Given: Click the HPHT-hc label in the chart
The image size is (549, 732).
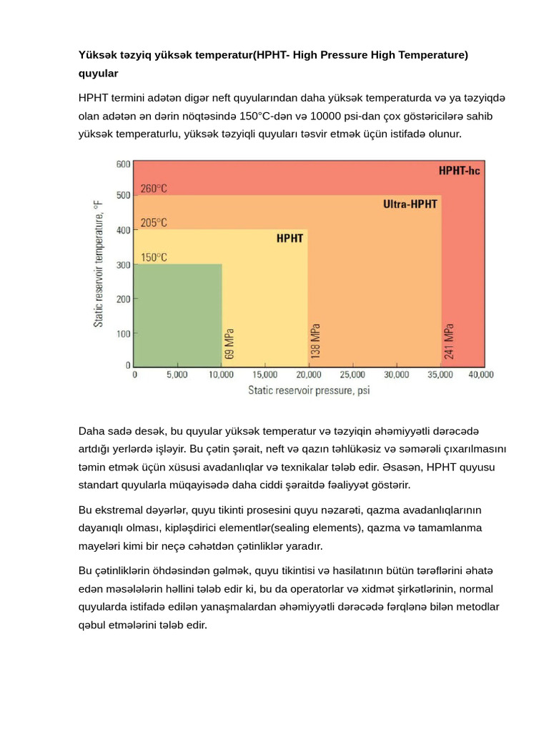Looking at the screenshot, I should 459,172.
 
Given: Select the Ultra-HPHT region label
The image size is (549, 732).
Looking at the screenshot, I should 410,204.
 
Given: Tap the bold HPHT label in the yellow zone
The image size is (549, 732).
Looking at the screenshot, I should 290,239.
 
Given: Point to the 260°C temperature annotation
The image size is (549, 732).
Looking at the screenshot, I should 154,189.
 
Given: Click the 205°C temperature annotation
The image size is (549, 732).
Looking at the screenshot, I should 154,223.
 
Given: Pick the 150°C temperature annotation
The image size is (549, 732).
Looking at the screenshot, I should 154,257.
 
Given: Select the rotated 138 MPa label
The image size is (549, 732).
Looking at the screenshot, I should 315,341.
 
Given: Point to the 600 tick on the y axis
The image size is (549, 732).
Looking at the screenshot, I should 123,164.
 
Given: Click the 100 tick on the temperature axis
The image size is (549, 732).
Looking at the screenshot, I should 123,334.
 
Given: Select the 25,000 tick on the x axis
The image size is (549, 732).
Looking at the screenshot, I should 352,374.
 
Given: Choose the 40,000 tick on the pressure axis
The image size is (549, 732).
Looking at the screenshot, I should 481,374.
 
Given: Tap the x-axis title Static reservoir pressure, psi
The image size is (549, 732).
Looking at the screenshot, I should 309,390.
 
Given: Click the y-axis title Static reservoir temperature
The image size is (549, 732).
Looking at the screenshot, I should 98,264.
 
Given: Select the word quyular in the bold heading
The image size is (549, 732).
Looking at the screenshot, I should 98,73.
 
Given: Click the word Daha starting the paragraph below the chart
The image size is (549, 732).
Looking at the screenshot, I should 90,430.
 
